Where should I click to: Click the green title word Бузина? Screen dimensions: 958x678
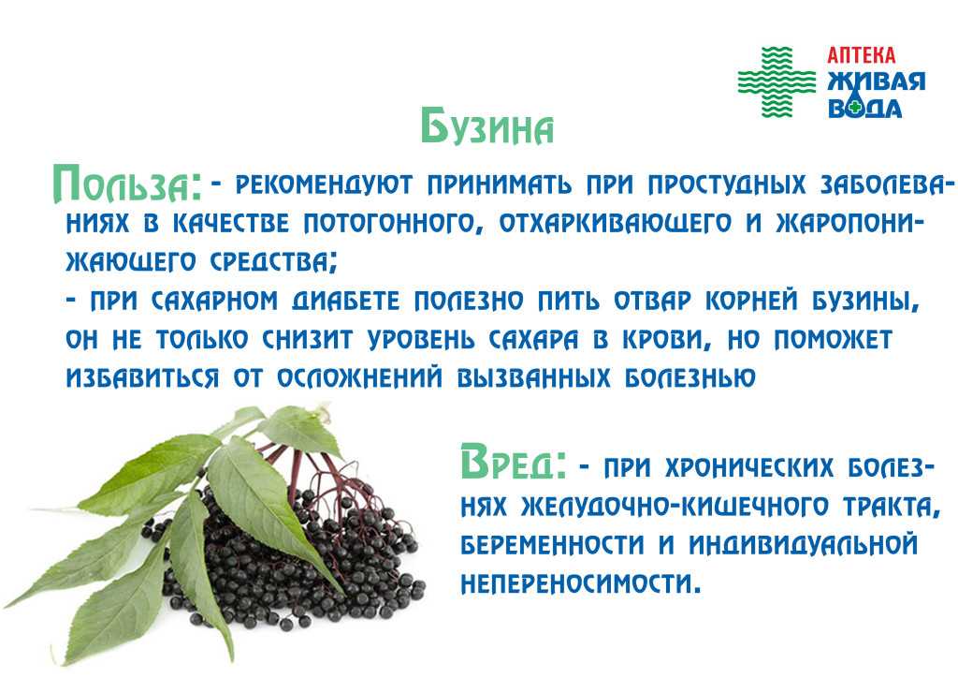click(486, 127)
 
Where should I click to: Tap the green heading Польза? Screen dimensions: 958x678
click(126, 184)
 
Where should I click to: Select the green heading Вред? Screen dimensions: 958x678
click(513, 463)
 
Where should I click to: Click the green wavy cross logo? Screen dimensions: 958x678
click(777, 81)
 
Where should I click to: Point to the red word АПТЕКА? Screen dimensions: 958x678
click(861, 55)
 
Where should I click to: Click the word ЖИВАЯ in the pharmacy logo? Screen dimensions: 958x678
click(876, 81)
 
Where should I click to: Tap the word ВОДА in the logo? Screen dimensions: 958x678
click(864, 108)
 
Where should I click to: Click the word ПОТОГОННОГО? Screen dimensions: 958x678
click(389, 224)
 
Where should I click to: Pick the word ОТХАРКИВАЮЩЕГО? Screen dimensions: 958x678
click(616, 224)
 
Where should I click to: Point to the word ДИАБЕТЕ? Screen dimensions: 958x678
click(346, 302)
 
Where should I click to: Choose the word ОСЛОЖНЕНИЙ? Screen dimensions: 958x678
click(359, 378)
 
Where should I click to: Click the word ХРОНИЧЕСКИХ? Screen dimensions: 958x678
click(749, 468)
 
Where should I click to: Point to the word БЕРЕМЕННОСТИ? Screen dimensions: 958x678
click(552, 545)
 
